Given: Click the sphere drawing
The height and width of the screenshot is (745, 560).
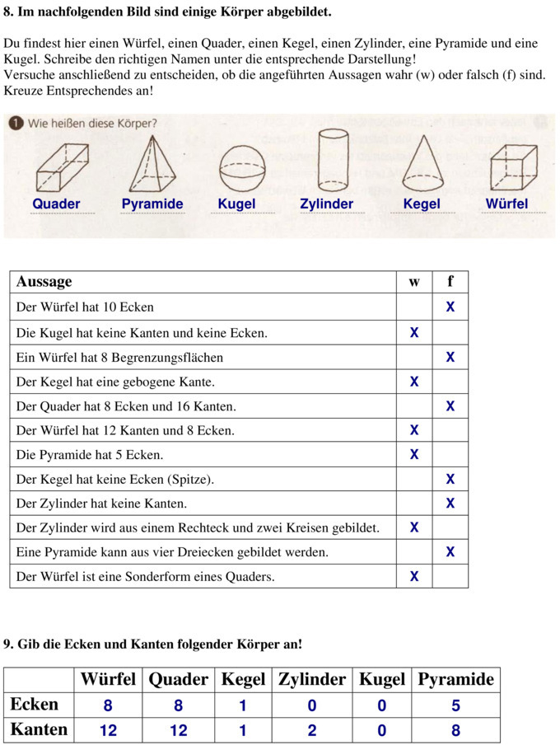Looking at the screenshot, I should click(242, 168).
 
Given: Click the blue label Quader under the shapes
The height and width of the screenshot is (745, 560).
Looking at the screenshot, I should click(56, 204).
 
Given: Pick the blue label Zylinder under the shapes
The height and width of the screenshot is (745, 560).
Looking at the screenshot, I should click(326, 204).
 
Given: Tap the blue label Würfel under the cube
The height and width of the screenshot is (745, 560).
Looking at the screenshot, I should click(506, 204).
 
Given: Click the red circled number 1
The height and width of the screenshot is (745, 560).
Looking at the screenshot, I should click(15, 124).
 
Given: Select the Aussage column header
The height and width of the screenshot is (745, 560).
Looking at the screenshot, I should click(44, 282).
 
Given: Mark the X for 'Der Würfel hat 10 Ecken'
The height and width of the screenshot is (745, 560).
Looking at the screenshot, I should click(450, 307).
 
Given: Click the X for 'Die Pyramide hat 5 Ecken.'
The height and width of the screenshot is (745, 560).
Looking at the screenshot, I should click(413, 455).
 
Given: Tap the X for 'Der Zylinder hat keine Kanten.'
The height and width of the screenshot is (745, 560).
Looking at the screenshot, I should click(450, 504).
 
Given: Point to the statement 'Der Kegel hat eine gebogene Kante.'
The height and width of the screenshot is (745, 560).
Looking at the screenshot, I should click(115, 382).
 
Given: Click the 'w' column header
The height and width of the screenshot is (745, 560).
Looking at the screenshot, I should click(413, 282).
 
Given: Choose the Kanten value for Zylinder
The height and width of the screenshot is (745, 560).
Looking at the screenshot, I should click(311, 730).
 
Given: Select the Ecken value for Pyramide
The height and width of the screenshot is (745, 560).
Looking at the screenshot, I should click(455, 705).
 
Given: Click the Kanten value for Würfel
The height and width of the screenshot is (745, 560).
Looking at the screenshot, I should click(108, 730).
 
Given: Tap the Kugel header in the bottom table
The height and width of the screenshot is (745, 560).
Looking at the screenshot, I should click(381, 679).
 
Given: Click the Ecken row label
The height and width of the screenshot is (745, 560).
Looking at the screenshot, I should click(34, 705).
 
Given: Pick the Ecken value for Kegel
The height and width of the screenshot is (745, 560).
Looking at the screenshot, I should click(243, 705).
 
